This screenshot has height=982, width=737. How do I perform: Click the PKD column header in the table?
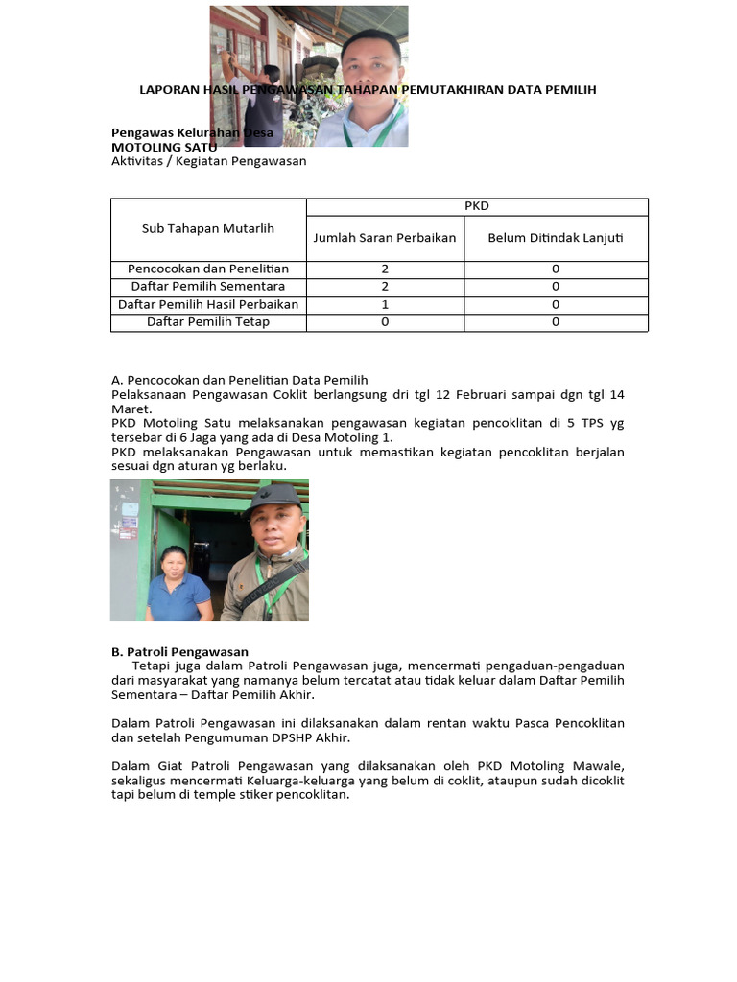pyautogui.click(x=477, y=206)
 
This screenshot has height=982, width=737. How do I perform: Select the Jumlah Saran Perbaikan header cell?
pyautogui.click(x=385, y=238)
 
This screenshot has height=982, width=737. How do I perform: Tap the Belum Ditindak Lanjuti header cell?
pyautogui.click(x=556, y=238)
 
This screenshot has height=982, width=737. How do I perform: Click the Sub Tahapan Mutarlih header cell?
pyautogui.click(x=208, y=228)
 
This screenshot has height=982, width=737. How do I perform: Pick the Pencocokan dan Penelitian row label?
pyautogui.click(x=208, y=269)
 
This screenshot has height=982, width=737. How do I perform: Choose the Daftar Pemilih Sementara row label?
pyautogui.click(x=208, y=287)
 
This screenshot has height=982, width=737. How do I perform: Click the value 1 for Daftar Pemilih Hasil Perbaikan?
pyautogui.click(x=385, y=304)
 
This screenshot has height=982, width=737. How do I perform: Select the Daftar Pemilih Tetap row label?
pyautogui.click(x=208, y=322)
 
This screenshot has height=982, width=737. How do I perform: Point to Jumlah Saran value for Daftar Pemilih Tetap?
pyautogui.click(x=385, y=322)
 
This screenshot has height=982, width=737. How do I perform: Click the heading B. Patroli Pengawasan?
pyautogui.click(x=179, y=652)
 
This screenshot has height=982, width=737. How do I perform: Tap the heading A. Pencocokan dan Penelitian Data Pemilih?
pyautogui.click(x=240, y=380)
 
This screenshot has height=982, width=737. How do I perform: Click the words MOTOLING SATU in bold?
pyautogui.click(x=164, y=148)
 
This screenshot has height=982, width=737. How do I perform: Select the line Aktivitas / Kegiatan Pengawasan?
pyautogui.click(x=208, y=161)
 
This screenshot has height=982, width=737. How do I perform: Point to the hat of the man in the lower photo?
pyautogui.click(x=274, y=496)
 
